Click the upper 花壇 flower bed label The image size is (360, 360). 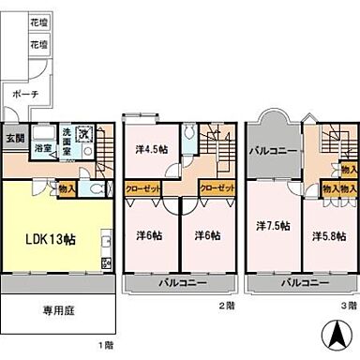tap(37, 21)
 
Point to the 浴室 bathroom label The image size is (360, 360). tap(43, 147)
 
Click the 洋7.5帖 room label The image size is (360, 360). tap(272, 226)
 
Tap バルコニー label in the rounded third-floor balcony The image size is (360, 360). tap(273, 150)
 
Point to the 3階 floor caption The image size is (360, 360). tap(348, 306)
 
